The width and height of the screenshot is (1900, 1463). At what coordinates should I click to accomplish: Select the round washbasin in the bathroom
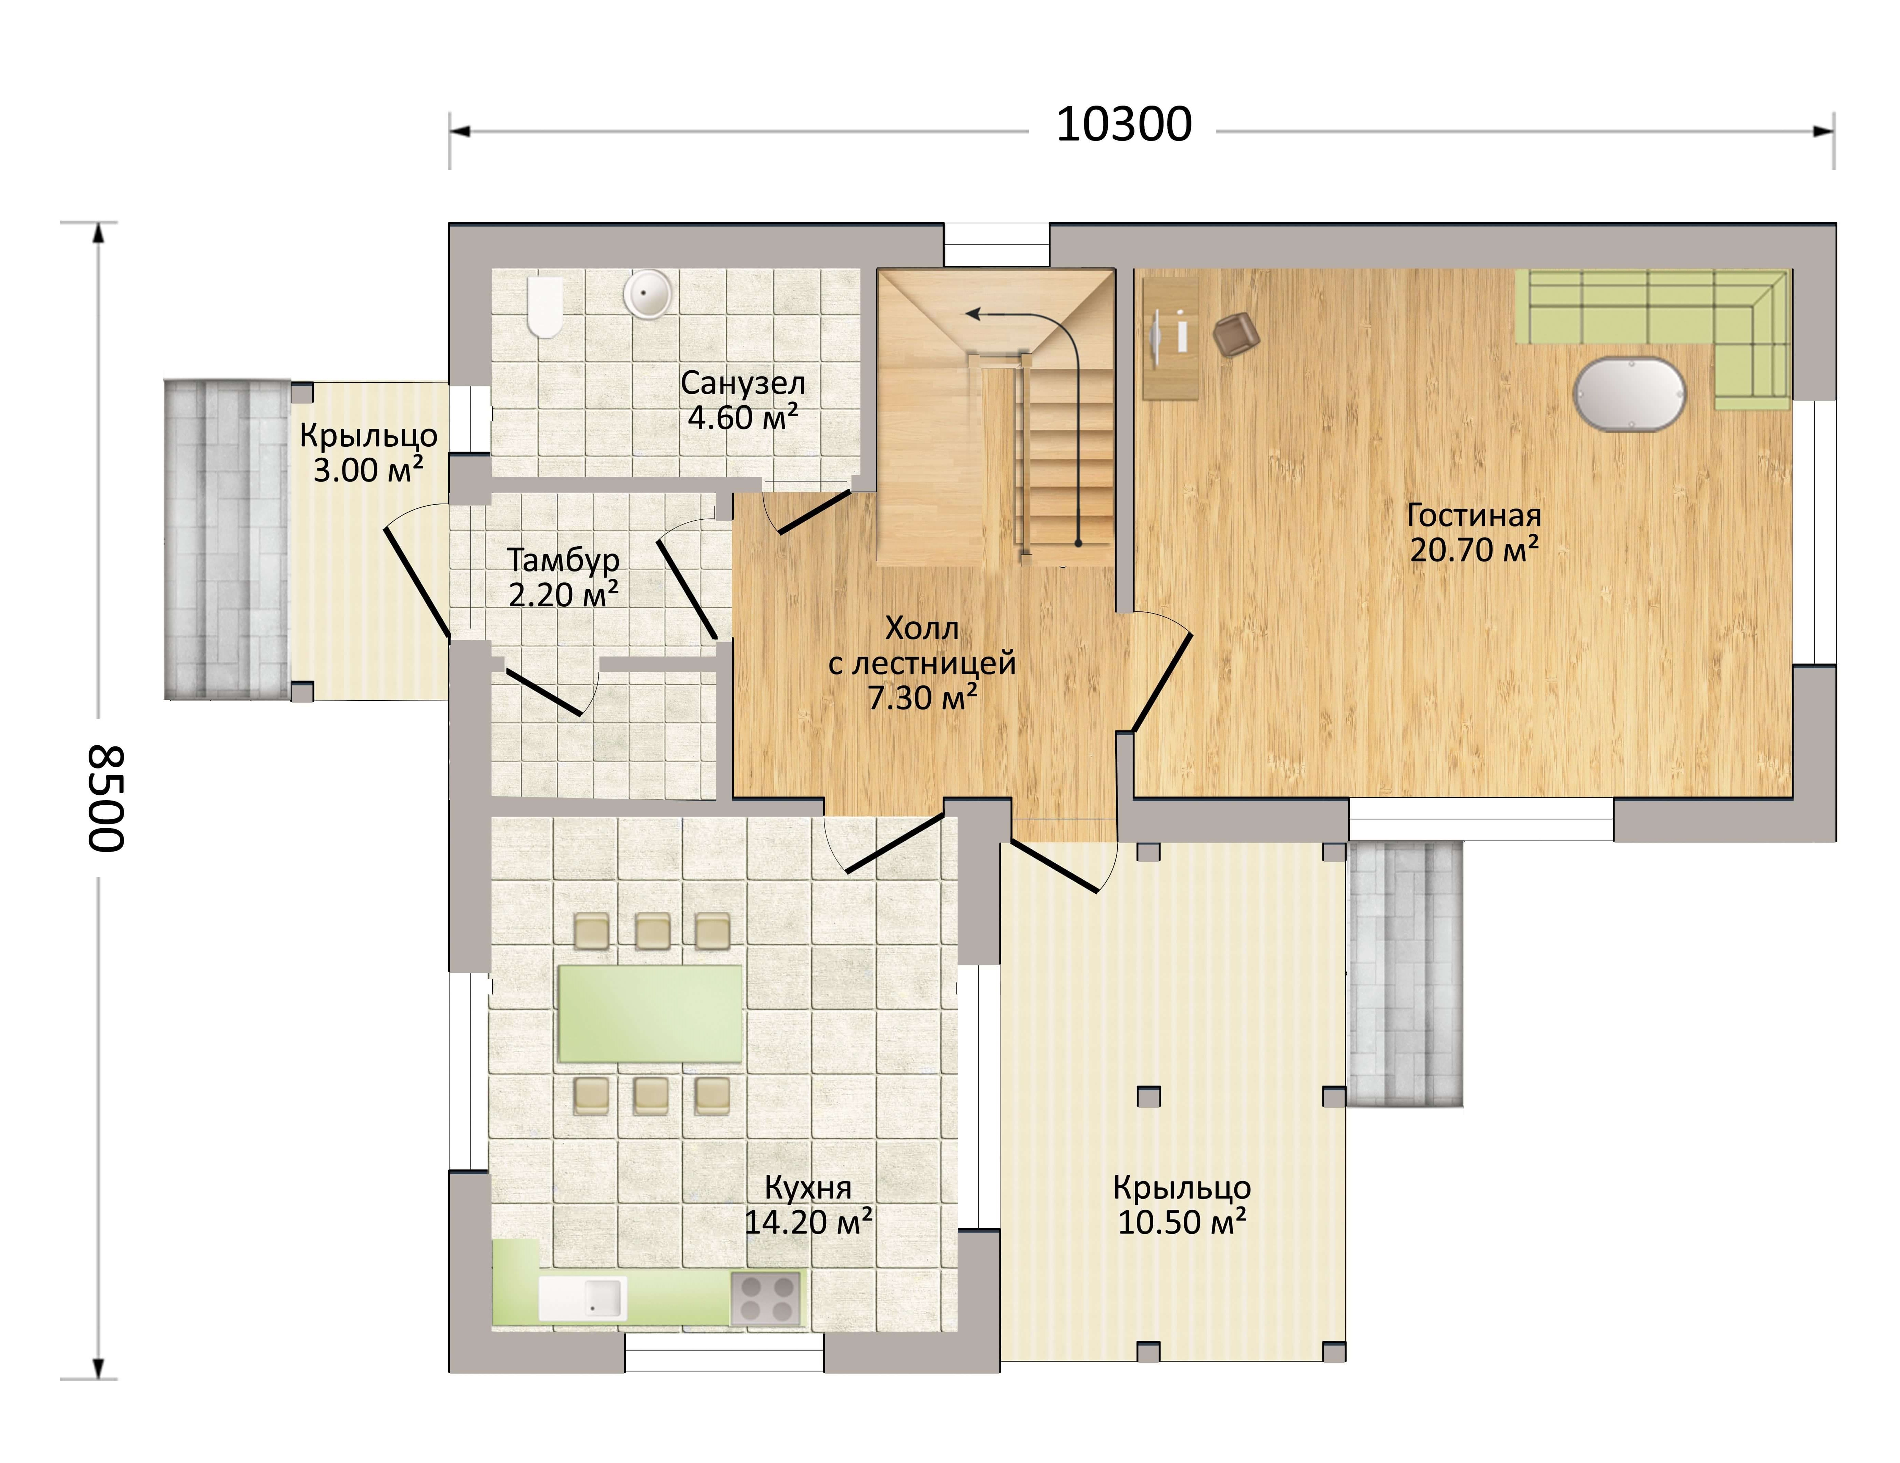(x=646, y=293)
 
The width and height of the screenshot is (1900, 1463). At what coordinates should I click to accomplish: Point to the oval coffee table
(x=1630, y=393)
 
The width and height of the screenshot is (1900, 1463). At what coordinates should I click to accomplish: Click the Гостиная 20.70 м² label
(x=1474, y=533)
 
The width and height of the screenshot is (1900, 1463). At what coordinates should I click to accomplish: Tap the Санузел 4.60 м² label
(x=743, y=400)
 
